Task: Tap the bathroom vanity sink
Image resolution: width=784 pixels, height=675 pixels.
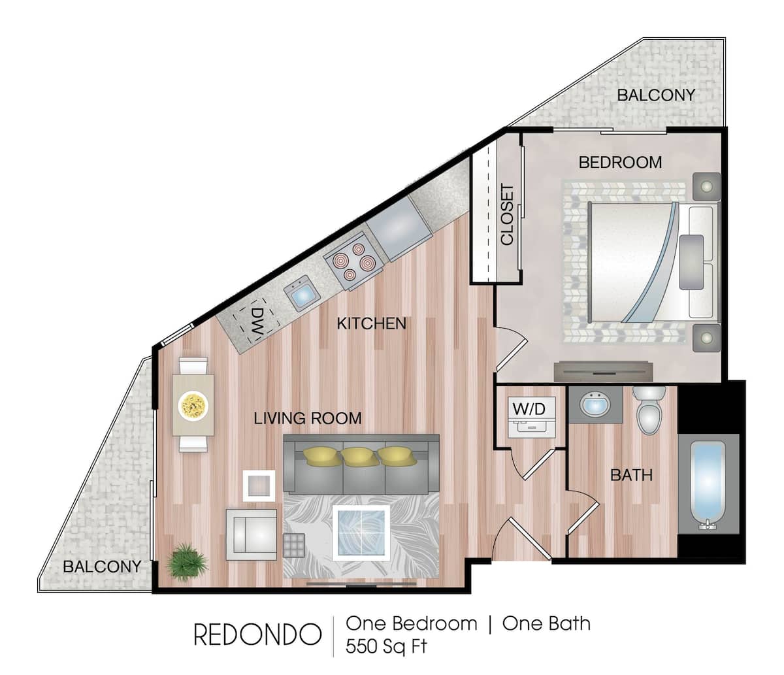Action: (595, 405)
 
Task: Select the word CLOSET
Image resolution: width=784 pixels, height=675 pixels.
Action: (508, 214)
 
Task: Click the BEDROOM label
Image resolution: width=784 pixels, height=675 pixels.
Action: (620, 162)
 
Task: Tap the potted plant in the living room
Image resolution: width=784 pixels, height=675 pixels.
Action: (187, 561)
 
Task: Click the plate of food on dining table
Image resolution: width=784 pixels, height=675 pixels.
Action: (193, 405)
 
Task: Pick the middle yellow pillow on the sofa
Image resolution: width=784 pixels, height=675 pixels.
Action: (361, 455)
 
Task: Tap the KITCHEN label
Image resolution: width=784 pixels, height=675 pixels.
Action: (371, 323)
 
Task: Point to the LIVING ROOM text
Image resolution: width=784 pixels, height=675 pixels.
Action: (307, 418)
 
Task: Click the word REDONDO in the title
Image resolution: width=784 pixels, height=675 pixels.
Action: (257, 634)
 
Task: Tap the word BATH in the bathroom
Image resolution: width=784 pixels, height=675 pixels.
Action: (631, 475)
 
